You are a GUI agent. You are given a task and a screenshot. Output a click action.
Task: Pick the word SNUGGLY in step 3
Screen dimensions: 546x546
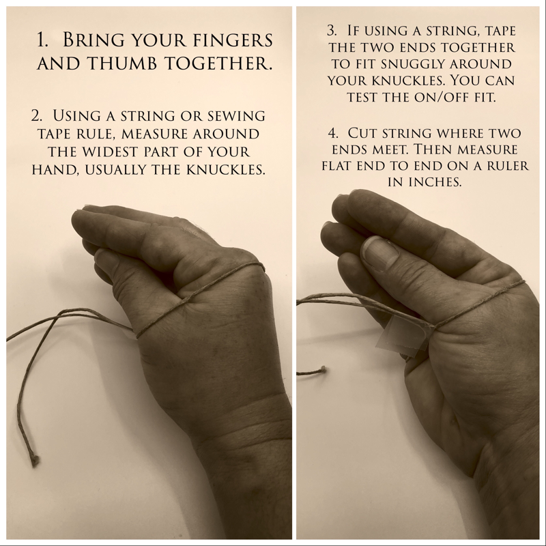(414, 64)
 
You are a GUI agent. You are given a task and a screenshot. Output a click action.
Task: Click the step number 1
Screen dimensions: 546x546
(42, 40)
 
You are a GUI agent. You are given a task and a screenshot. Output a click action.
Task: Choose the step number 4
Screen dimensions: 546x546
(333, 133)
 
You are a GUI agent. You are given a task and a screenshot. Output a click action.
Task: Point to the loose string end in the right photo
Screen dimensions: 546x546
(322, 369)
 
